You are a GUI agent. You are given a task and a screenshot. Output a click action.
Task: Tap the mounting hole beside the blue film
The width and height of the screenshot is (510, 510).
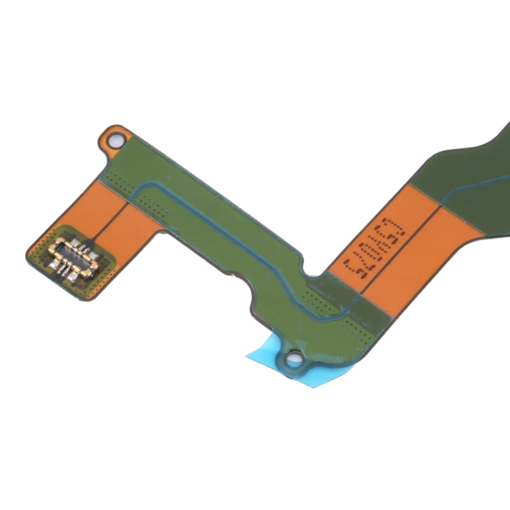click(x=295, y=356)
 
